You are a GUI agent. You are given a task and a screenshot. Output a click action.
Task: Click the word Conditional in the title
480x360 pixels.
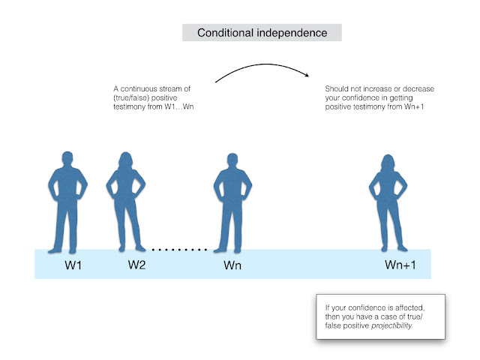pyautogui.click(x=225, y=33)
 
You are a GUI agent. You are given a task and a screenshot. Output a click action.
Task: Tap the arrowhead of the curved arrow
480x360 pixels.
pyautogui.click(x=307, y=74)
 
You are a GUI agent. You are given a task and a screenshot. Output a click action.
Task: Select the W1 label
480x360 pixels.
pyautogui.click(x=73, y=265)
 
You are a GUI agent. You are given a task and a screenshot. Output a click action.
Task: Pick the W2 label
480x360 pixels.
pyautogui.click(x=136, y=265)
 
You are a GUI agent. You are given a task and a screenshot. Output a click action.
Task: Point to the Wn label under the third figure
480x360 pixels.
pyautogui.click(x=232, y=265)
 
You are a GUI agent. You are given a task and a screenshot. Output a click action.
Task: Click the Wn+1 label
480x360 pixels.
pyautogui.click(x=400, y=265)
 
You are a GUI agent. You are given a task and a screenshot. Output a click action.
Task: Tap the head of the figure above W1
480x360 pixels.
pyautogui.click(x=67, y=158)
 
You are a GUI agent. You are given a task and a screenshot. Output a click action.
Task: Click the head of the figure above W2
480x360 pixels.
pyautogui.click(x=126, y=160)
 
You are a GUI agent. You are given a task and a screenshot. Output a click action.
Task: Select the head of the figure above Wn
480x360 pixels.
pyautogui.click(x=232, y=160)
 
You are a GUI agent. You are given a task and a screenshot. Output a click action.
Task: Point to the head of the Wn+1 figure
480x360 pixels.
pyautogui.click(x=388, y=163)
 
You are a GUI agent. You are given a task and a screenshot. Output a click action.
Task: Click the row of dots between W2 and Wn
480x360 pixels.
pyautogui.click(x=179, y=250)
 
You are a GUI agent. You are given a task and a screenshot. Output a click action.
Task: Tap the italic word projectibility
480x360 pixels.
pyautogui.click(x=392, y=325)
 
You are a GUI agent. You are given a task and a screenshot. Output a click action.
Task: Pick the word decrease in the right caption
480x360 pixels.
pyautogui.click(x=418, y=88)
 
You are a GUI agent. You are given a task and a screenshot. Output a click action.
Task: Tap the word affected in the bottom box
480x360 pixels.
pyautogui.click(x=410, y=307)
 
